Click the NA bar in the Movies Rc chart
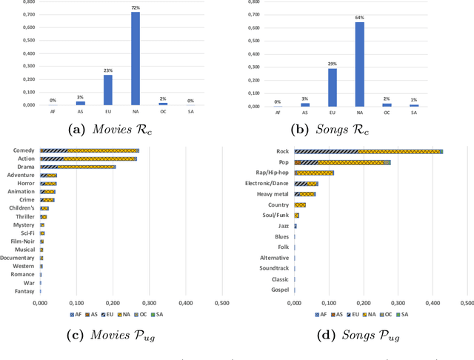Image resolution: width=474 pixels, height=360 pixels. tap(136, 59)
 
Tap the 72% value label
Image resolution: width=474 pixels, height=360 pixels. tap(136, 7)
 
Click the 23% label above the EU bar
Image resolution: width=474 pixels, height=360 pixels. tap(107, 70)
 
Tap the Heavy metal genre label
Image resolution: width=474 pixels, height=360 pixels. tap(272, 194)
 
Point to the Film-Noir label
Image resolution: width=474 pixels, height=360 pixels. tap(23, 241)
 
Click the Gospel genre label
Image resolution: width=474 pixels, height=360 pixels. tap(278, 290)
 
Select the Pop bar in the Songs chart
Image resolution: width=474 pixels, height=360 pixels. tap(341, 162)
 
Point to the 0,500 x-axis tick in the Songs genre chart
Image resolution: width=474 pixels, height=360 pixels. tap(467, 303)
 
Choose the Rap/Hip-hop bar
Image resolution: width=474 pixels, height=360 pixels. tap(314, 173)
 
